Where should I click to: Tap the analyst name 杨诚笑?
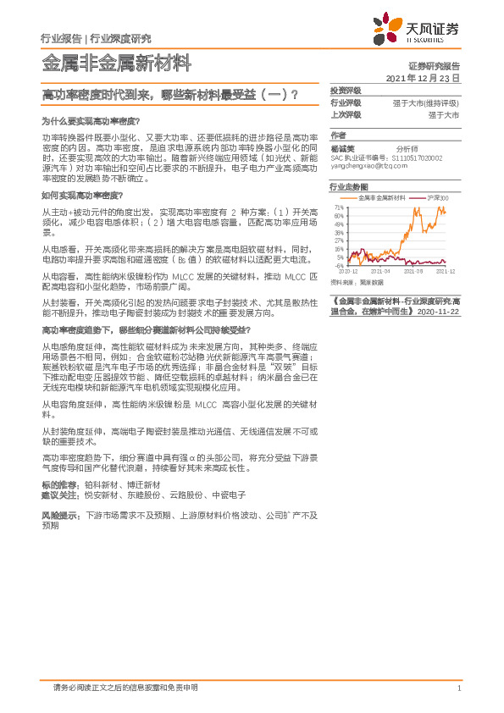pyautogui.click(x=342, y=147)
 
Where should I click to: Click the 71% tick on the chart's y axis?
pyautogui.click(x=339, y=207)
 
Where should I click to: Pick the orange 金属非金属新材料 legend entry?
pyautogui.click(x=379, y=198)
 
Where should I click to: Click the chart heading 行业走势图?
pyautogui.click(x=348, y=186)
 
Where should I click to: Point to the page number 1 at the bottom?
pyautogui.click(x=457, y=688)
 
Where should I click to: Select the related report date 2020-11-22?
pyautogui.click(x=439, y=312)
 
